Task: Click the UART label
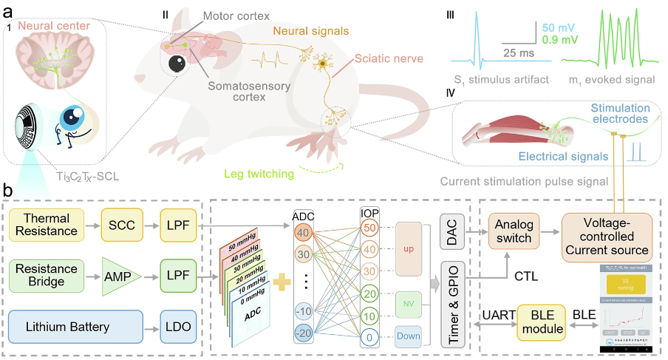pyautogui.click(x=498, y=314)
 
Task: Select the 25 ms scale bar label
pyautogui.click(x=519, y=54)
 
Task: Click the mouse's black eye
pyautogui.click(x=177, y=64)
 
